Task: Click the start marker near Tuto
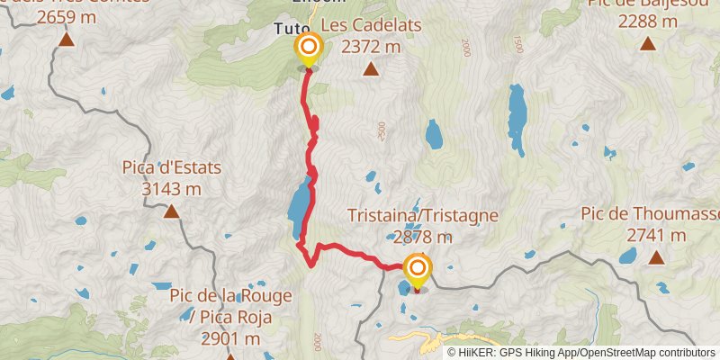309,48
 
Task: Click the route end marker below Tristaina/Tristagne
418,269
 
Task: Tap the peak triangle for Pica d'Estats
171,212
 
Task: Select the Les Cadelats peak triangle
370,72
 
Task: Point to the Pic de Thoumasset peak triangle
657,258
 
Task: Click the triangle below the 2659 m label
66,40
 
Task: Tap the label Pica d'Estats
171,168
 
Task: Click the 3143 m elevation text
171,188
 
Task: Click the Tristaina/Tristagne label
423,217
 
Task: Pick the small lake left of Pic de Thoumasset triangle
626,256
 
